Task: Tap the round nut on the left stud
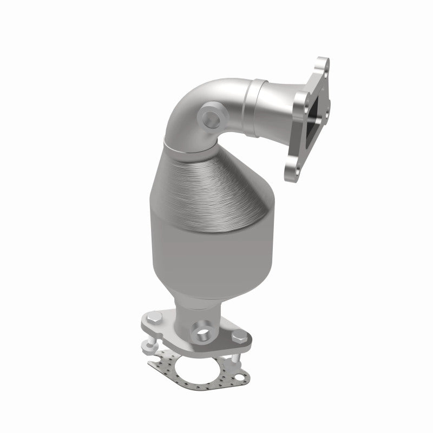tap(149, 350)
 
